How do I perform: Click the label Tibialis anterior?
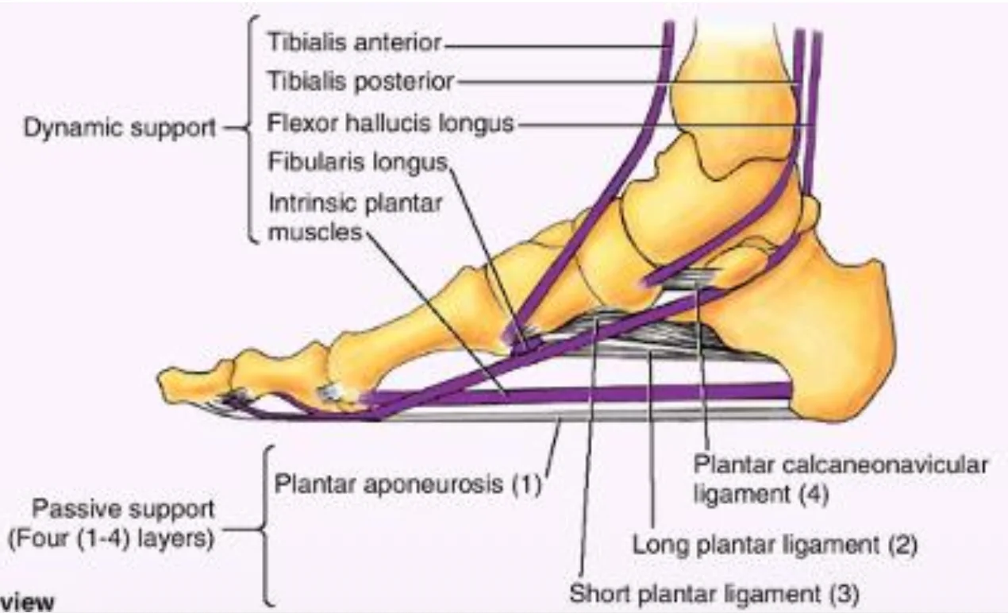[355, 43]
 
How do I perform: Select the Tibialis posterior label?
[361, 82]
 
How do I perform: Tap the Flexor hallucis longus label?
[391, 123]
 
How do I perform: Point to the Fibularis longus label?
[358, 162]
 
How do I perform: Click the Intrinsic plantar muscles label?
[356, 218]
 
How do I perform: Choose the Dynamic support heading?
[120, 128]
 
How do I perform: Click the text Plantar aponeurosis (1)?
[408, 484]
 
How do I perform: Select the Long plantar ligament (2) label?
[775, 545]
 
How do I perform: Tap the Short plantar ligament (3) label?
[714, 592]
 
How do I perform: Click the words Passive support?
[123, 510]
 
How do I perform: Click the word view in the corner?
[27, 602]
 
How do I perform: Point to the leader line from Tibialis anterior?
[556, 45]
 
